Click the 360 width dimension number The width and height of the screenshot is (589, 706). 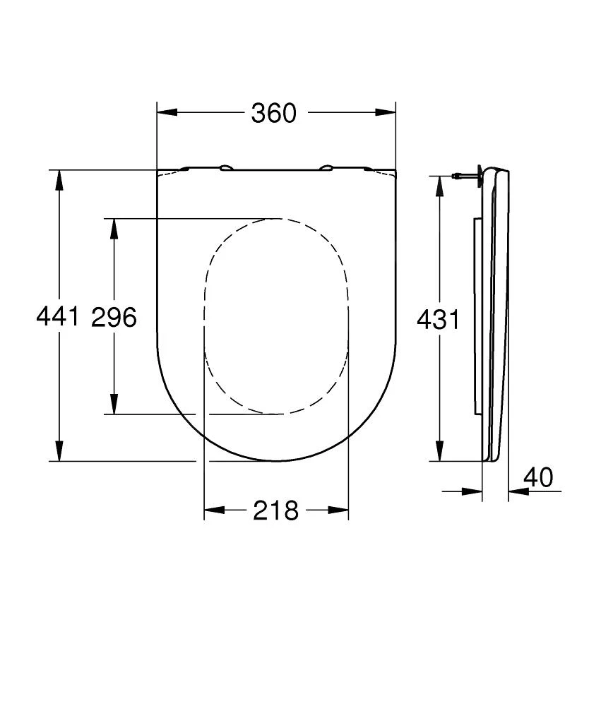click(274, 113)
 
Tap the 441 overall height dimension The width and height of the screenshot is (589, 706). click(57, 318)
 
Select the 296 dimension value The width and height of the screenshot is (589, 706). click(114, 318)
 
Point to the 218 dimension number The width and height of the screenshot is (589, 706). click(276, 510)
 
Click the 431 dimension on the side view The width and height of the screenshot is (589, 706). click(438, 320)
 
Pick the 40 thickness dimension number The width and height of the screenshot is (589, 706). click(539, 478)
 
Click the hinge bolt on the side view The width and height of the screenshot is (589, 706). click(466, 175)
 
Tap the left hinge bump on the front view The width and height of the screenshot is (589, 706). click(226, 168)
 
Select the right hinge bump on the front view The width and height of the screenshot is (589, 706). click(326, 168)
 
